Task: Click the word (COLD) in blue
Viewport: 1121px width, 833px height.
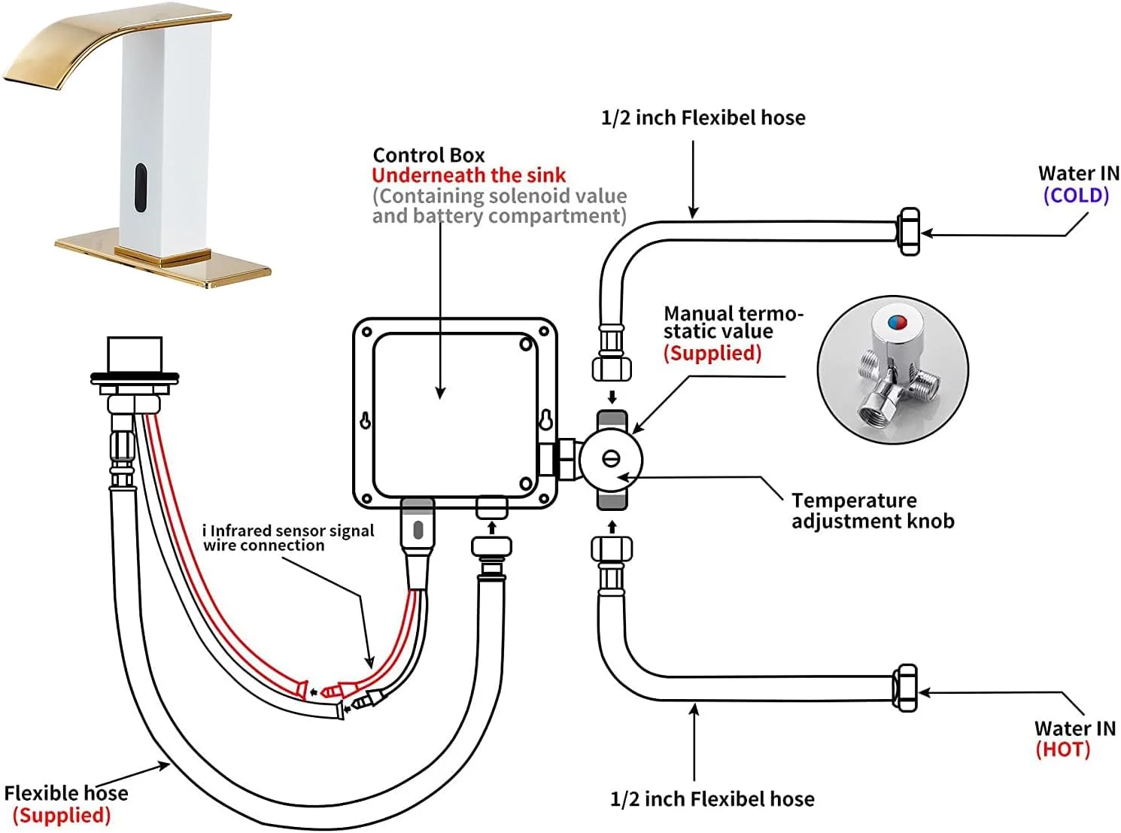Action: (x=1076, y=196)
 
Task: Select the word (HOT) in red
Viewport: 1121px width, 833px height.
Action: (x=1062, y=749)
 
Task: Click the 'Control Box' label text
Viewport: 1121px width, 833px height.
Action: (x=429, y=155)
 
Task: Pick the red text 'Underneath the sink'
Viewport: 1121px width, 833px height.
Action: (x=468, y=175)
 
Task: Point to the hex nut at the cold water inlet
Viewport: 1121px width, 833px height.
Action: (x=909, y=232)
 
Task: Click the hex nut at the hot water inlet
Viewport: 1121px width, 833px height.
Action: (x=906, y=687)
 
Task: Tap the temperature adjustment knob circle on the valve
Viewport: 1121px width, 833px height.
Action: (x=611, y=459)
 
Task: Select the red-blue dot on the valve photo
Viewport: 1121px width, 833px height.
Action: (x=897, y=323)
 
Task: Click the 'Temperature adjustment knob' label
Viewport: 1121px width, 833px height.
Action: (x=872, y=511)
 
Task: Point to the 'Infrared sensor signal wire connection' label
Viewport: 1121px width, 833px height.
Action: (x=288, y=538)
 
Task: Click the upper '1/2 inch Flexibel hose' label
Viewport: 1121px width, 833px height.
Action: (x=703, y=118)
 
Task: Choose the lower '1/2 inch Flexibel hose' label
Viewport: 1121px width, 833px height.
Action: (x=712, y=799)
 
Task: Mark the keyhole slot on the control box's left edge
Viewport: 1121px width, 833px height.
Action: (x=366, y=421)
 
